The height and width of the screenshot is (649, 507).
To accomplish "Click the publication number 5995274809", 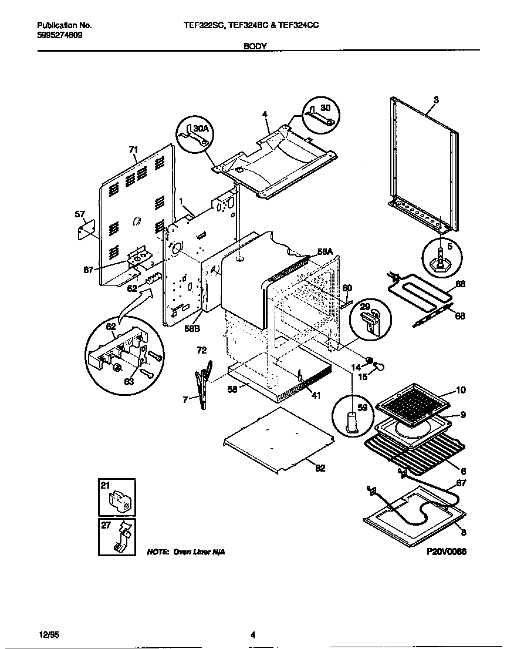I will [x=59, y=35].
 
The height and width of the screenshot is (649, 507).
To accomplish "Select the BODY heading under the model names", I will [x=255, y=45].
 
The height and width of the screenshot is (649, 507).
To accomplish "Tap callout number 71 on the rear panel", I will [x=133, y=150].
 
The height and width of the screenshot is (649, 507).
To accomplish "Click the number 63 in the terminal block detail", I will [x=129, y=381].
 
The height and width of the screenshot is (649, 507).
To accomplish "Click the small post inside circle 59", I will [x=352, y=422].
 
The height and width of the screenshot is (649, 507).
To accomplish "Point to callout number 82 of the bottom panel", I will [x=320, y=468].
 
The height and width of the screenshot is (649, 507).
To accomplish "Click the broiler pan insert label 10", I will [x=461, y=391].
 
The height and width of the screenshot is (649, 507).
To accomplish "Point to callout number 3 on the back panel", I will [x=435, y=100].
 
